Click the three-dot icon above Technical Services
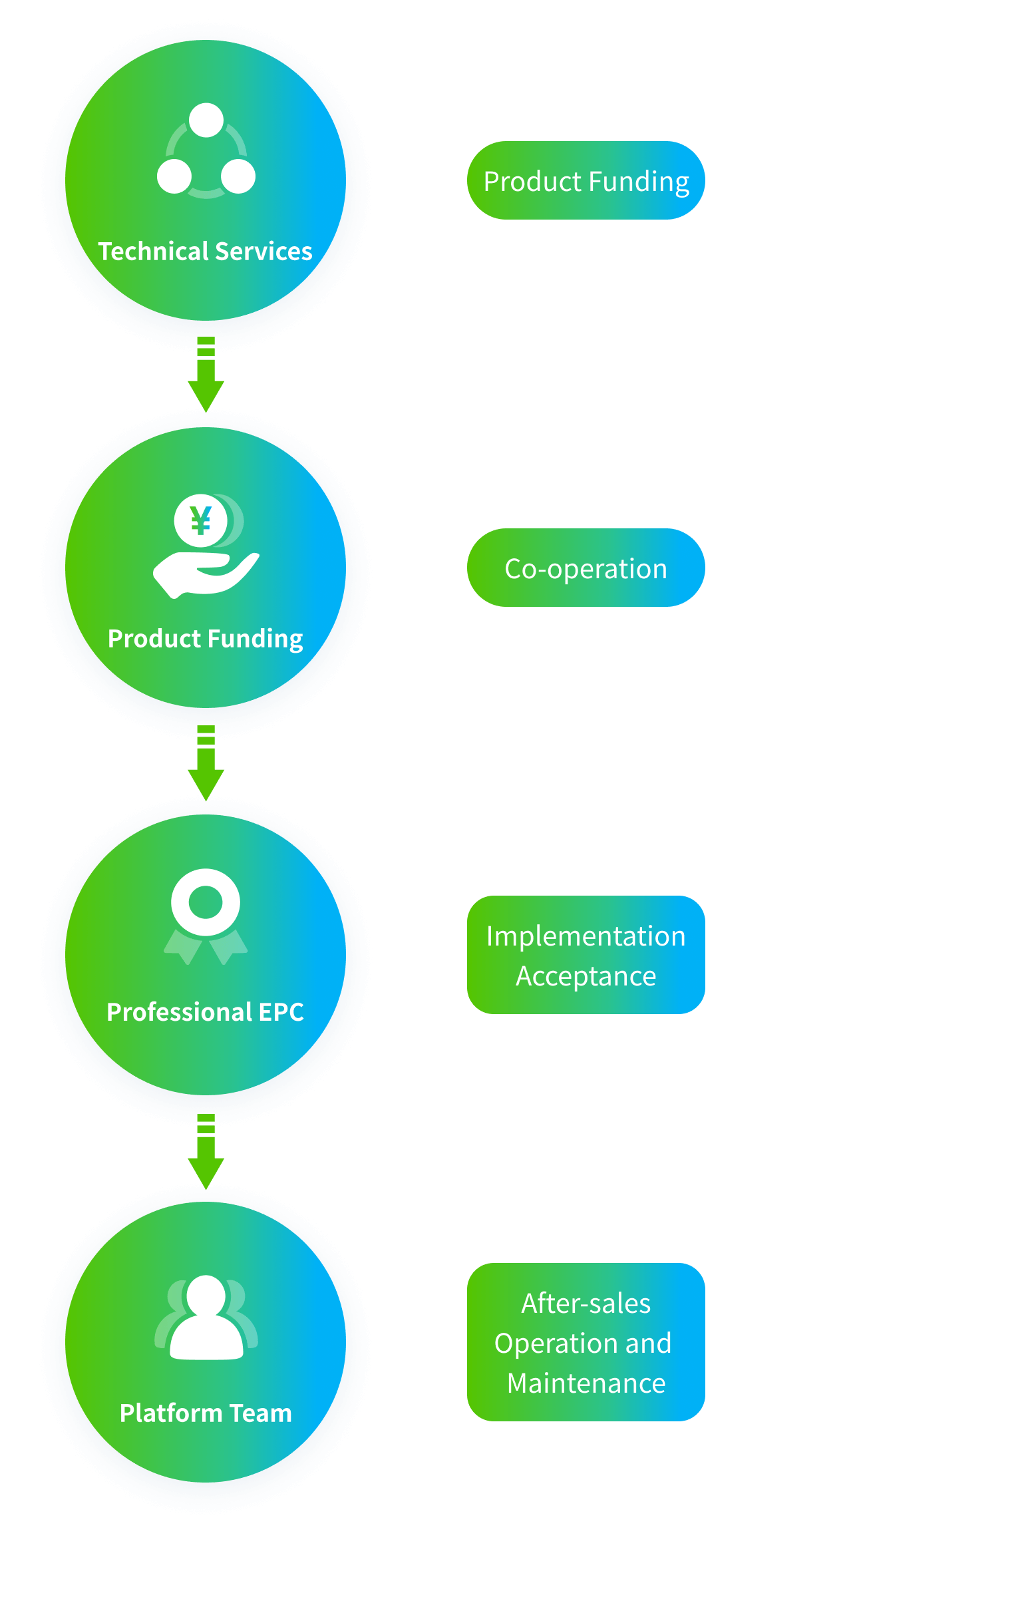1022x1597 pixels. coord(206,150)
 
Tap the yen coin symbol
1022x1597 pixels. coord(201,520)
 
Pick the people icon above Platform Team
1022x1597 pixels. coord(206,1318)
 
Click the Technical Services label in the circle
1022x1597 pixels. coord(205,252)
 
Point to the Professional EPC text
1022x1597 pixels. coord(205,1012)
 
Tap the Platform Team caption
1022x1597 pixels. coord(206,1413)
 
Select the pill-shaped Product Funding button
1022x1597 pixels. coord(586,180)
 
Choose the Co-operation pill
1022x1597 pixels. coord(586,568)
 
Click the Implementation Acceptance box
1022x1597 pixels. coord(586,955)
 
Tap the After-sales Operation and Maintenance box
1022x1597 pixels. coord(586,1342)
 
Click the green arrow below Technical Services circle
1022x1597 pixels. coord(206,376)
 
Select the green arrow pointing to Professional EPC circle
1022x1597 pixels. coord(206,764)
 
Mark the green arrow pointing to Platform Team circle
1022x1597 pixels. coord(206,1153)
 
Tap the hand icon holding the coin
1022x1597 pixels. coord(205,574)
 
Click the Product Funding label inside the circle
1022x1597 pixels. coord(205,639)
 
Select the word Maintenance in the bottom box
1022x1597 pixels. coord(586,1383)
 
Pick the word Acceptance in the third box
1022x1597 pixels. coord(586,976)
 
